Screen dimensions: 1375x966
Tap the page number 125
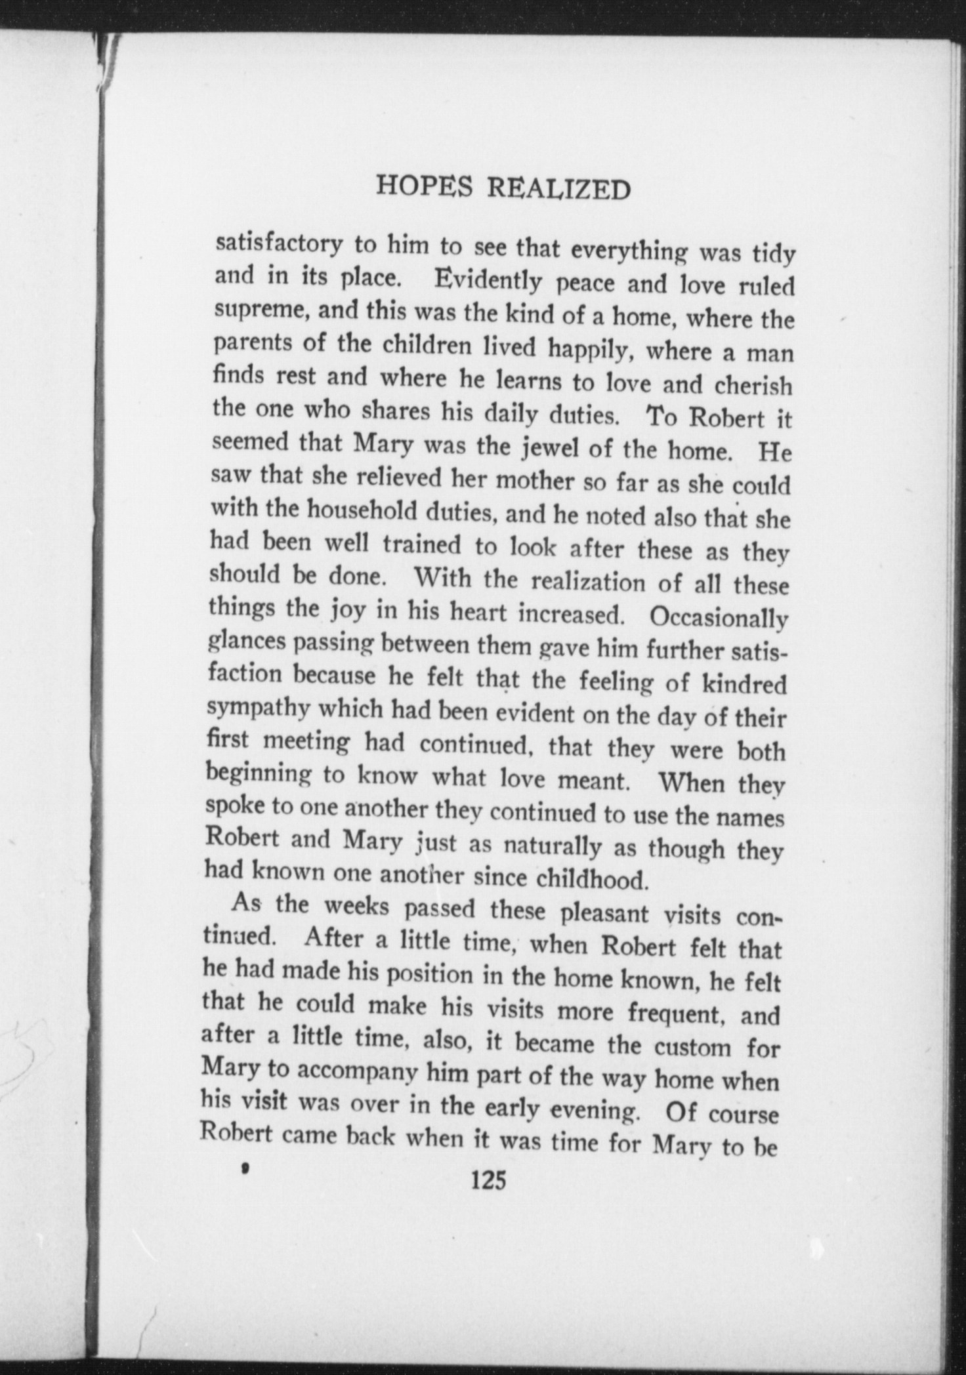click(489, 1181)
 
